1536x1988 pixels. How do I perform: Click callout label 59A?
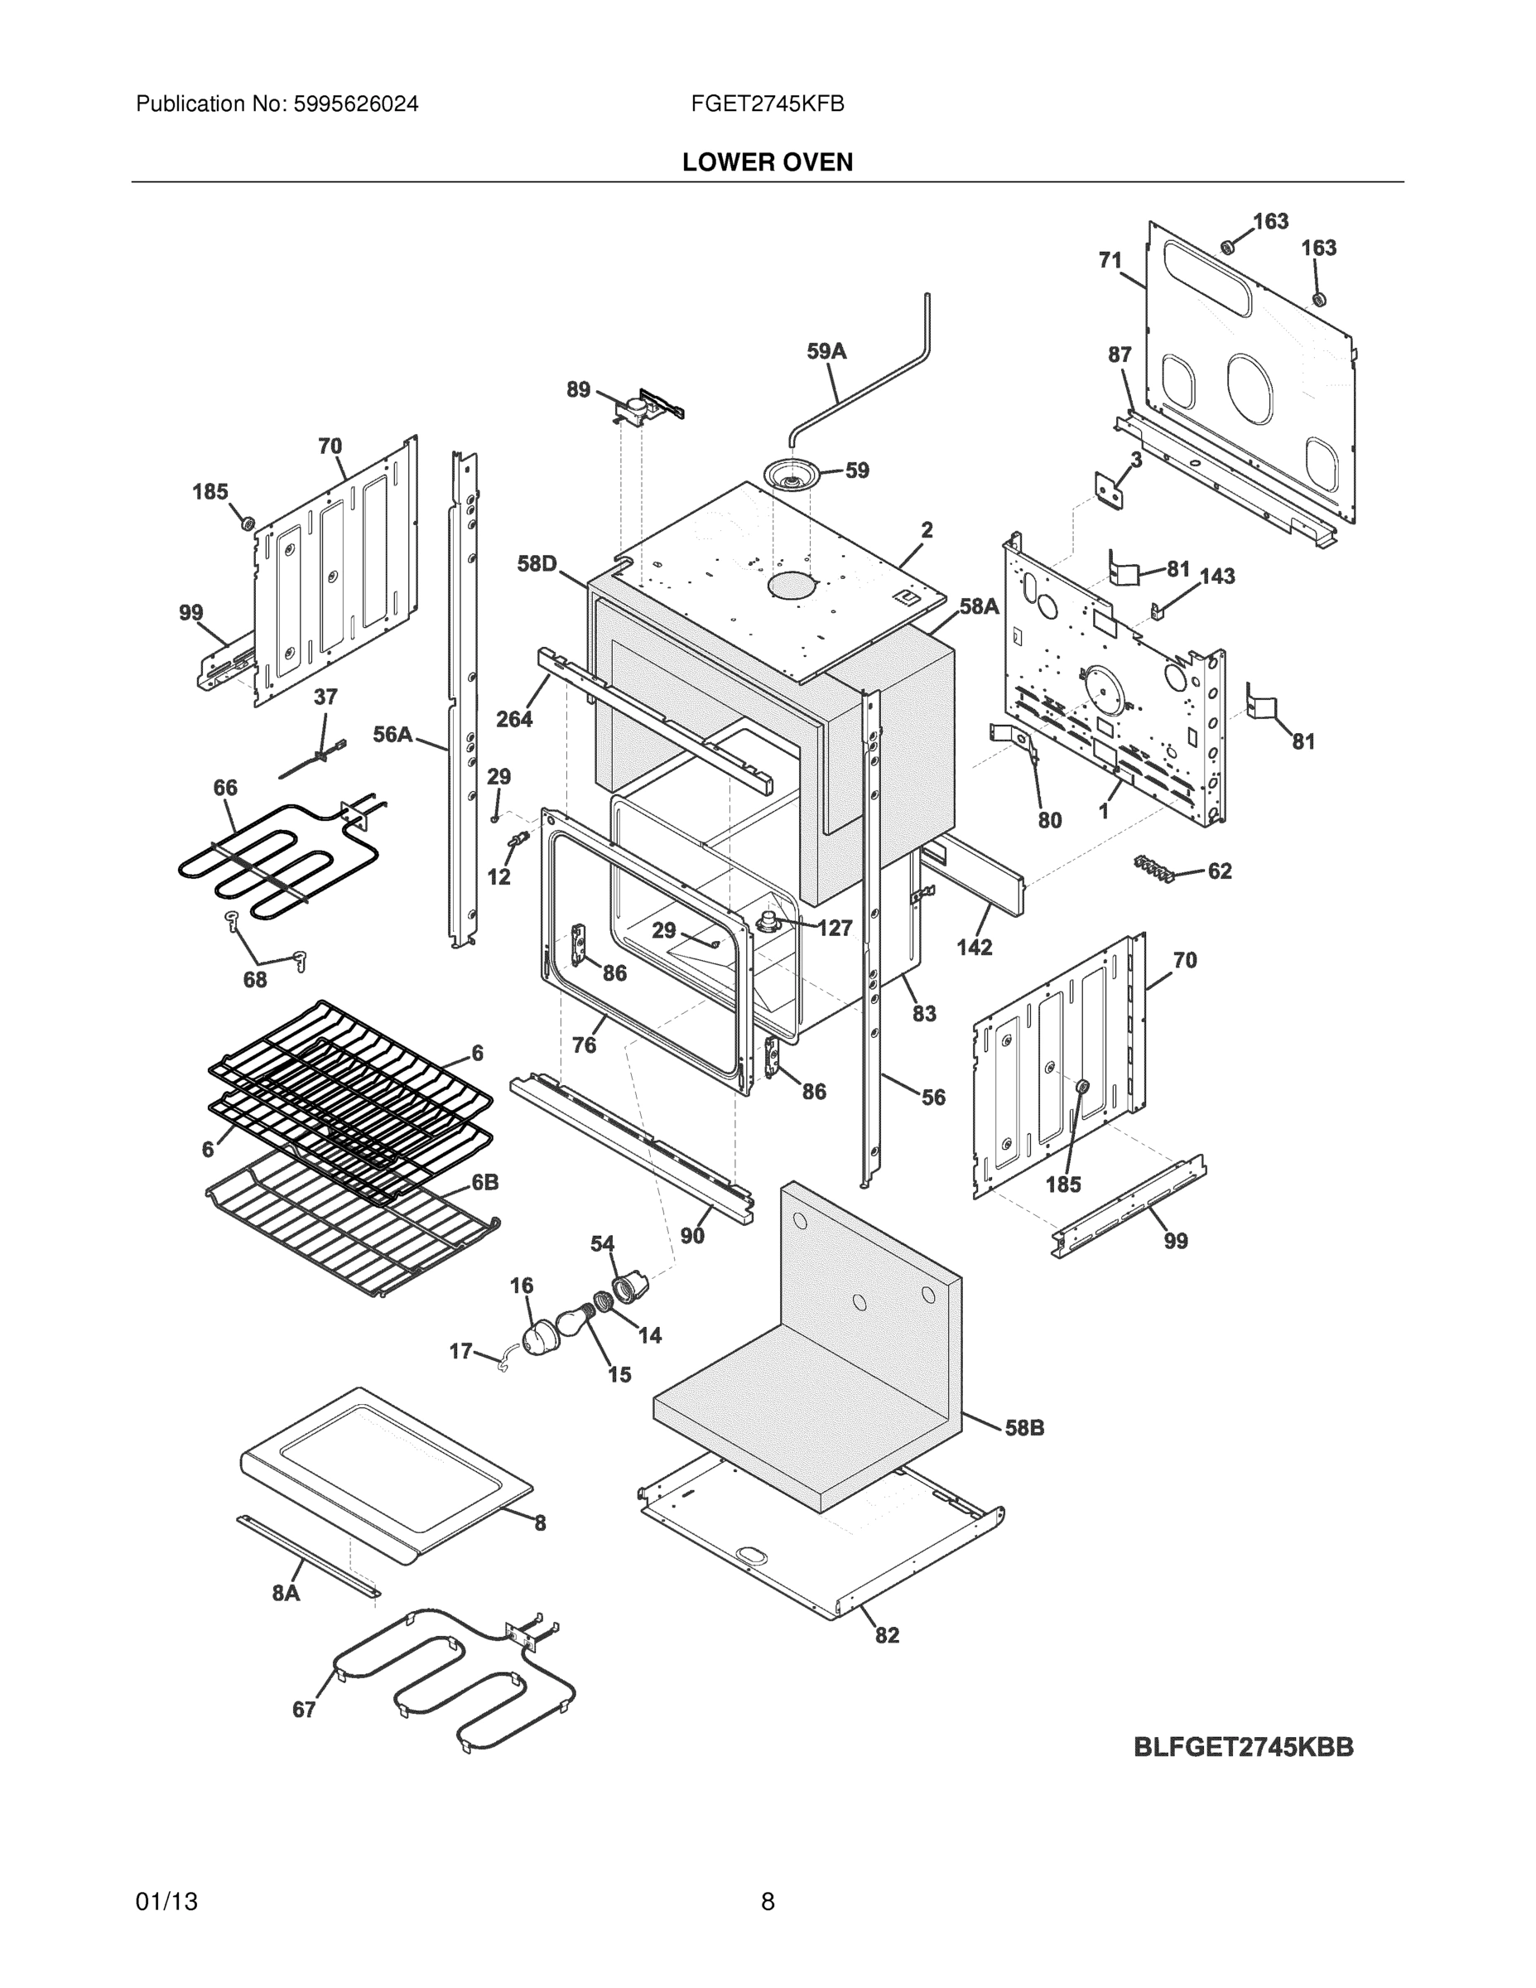coord(826,351)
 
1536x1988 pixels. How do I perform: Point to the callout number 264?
coord(514,719)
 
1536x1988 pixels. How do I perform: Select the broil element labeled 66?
coord(273,860)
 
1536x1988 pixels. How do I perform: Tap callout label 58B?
coord(1023,1428)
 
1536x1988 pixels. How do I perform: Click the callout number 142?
coord(974,947)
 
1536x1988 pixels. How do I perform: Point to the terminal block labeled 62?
coord(1153,868)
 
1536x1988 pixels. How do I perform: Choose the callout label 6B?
coord(484,1182)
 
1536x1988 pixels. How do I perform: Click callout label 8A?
coord(286,1592)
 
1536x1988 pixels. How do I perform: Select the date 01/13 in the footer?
coord(166,1902)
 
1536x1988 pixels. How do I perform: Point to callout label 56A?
coord(392,735)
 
